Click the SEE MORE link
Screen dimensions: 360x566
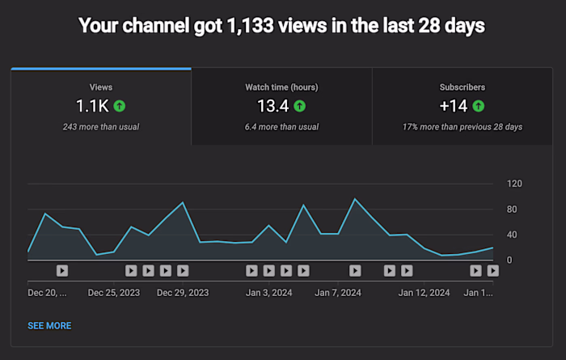(49, 326)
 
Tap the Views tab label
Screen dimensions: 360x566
(101, 87)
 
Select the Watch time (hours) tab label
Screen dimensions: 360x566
(281, 87)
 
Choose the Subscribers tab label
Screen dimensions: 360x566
(463, 87)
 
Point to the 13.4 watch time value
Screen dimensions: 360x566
(273, 106)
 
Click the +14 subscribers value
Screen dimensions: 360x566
(454, 106)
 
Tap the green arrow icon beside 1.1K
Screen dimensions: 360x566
(120, 106)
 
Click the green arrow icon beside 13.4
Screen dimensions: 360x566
(300, 106)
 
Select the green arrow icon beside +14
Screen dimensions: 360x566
(479, 106)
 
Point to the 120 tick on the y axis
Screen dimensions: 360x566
(514, 184)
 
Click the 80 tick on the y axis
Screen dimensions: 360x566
(512, 210)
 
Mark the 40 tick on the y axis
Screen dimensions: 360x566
(512, 235)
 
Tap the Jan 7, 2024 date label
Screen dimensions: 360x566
(338, 292)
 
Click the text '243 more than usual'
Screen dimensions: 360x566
(101, 127)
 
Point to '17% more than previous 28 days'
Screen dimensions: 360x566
(463, 127)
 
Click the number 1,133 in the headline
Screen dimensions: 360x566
(237, 26)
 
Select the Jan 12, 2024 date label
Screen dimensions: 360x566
(424, 292)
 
